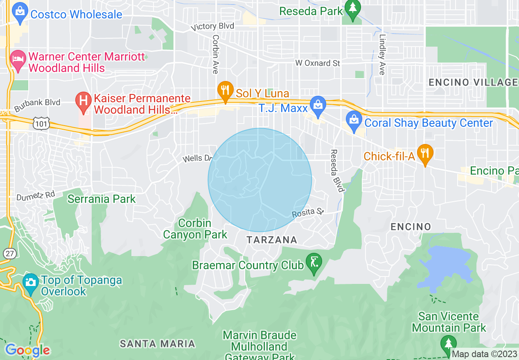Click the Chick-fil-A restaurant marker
pos(425,153)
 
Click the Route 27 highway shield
pos(9,253)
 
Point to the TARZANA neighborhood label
pos(272,240)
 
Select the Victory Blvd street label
pos(213,27)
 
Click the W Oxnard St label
pos(318,63)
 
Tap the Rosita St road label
pos(308,212)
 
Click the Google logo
pos(28,350)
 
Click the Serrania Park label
pos(102,199)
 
